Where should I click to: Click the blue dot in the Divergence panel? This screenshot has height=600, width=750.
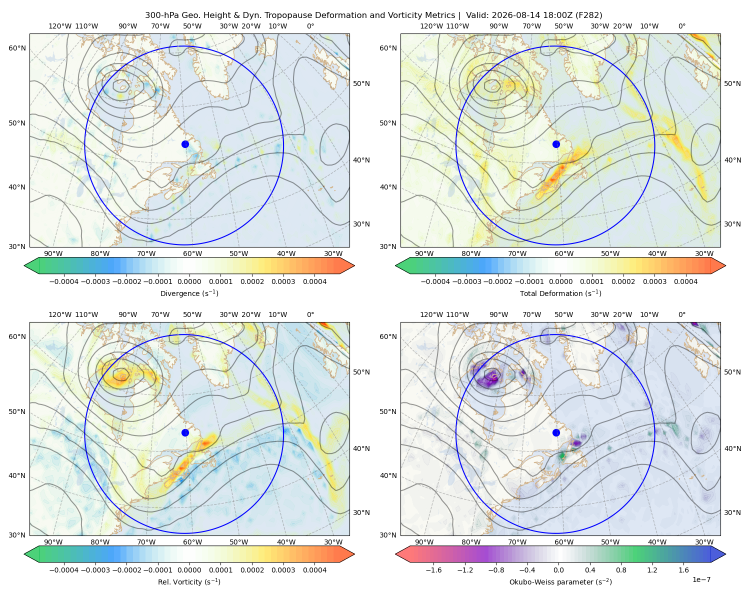coord(185,144)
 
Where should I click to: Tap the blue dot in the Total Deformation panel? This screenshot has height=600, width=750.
coord(556,144)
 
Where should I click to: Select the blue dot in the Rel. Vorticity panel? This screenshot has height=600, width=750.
coord(185,432)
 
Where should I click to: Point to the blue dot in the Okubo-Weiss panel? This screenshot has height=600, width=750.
coord(556,432)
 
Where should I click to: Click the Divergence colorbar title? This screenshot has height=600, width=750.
coord(189,293)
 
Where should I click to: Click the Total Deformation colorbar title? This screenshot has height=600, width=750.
coord(560,293)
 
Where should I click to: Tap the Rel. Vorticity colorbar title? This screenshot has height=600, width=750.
coord(189,581)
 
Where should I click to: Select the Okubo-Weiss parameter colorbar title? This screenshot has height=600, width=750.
coord(560,581)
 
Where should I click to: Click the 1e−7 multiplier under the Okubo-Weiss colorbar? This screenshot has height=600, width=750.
coord(701,579)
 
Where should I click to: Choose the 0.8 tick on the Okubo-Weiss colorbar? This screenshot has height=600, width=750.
coord(621,569)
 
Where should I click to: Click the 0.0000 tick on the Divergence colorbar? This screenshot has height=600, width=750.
coord(189,281)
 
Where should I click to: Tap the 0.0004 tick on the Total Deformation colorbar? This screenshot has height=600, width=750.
coord(685,281)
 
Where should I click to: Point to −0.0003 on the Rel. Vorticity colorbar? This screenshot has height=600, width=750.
coord(95,569)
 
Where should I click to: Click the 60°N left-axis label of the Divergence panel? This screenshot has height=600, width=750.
coord(17,48)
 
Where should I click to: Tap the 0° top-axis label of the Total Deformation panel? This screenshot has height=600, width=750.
coord(681,26)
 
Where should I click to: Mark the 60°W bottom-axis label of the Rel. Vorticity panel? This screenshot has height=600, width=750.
coord(192,542)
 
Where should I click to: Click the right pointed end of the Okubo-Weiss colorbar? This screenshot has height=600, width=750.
coord(725,554)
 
